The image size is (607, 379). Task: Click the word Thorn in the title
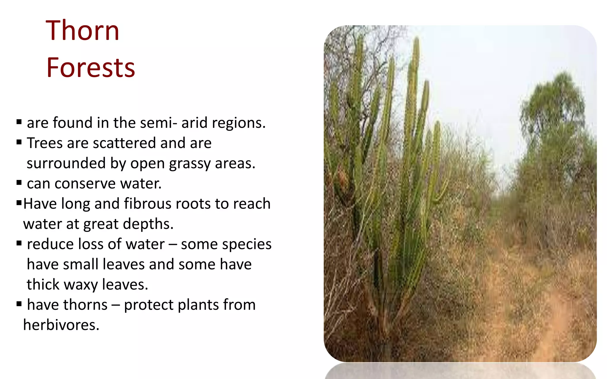pos(82,30)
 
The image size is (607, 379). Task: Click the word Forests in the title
pos(91,68)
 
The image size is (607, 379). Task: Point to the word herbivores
pos(61,325)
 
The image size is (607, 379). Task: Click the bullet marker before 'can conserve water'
pos(19,183)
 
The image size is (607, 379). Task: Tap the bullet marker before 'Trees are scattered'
pos(19,142)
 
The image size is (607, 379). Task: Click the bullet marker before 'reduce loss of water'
pos(19,243)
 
